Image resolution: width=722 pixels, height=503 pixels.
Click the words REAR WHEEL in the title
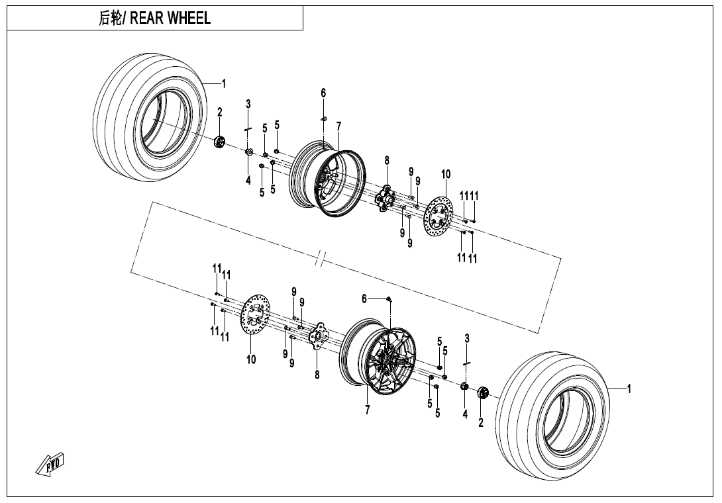click(170, 19)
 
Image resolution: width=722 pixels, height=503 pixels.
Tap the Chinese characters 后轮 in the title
click(109, 19)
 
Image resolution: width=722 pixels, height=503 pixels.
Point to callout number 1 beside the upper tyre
click(224, 84)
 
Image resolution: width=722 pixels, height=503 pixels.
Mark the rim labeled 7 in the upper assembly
click(327, 179)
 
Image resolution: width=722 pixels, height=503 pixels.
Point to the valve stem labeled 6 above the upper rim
click(324, 118)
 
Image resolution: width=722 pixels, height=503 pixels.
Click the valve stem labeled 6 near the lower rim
click(389, 300)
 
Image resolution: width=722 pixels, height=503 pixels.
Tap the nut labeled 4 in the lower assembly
click(464, 386)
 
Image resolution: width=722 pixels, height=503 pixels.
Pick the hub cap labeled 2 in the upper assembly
click(220, 142)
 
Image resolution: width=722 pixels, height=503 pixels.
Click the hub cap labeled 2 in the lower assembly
click(482, 393)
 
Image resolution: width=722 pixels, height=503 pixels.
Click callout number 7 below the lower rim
click(367, 410)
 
